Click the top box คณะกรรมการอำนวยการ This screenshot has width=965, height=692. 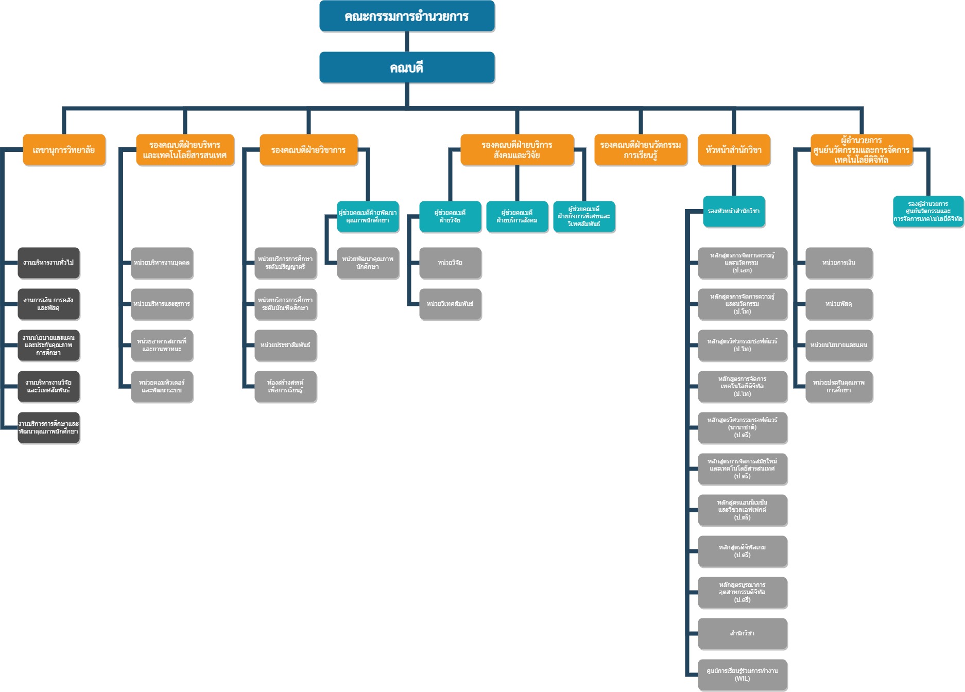click(407, 16)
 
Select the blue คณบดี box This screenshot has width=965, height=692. click(407, 67)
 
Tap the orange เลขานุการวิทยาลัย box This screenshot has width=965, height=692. click(64, 150)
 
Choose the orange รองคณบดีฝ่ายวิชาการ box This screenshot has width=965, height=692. click(308, 150)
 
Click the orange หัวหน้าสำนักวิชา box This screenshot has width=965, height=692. click(734, 150)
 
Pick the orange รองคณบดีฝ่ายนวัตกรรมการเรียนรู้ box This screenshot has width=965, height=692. click(641, 150)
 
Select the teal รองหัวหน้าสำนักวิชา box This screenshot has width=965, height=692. click(734, 211)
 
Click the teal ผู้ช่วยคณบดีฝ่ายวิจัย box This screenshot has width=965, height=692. click(450, 216)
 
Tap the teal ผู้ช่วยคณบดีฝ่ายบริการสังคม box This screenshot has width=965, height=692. click(517, 216)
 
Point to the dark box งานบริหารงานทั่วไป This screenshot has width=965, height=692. click(49, 263)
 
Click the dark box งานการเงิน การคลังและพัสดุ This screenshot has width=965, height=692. click(49, 304)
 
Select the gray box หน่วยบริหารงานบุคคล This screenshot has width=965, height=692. click(162, 263)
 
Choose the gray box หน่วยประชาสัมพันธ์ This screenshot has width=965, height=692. click(285, 345)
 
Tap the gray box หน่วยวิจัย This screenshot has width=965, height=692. click(450, 263)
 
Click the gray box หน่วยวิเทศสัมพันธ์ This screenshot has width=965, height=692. click(450, 304)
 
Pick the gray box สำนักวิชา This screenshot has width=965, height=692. click(742, 633)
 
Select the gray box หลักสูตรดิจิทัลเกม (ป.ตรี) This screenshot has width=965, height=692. click(742, 551)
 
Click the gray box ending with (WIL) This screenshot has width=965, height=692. click(742, 674)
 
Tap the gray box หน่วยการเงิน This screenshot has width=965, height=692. click(839, 263)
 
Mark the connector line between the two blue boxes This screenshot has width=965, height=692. click(407, 42)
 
